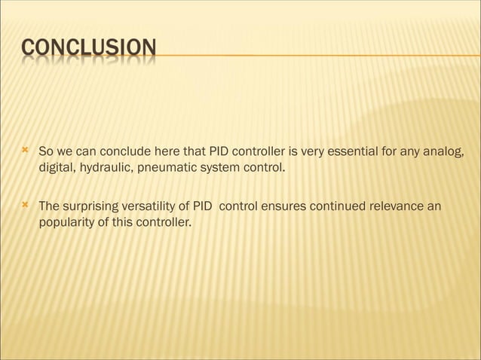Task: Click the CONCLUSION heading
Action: pos(89,49)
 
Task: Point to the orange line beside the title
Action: pos(317,56)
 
